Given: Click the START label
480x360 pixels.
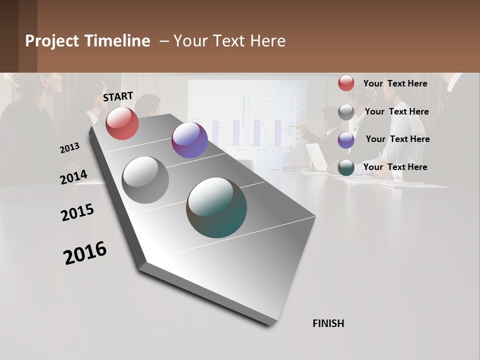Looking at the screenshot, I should coord(118,96).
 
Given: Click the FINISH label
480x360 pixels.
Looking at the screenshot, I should coord(328,323).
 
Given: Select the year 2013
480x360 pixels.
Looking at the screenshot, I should coord(69,148).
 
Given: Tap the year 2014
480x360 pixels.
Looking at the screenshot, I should coord(73,177).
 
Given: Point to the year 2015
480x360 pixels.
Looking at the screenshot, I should coord(77,212).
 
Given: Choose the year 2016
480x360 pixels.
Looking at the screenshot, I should coord(85,252).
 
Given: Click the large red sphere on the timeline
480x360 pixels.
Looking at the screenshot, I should coord(122,123).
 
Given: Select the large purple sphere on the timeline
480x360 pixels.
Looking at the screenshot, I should coord(189,140).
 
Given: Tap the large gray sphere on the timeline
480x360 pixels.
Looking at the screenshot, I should coord(145,180).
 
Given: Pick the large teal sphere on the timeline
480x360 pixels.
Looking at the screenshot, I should coord(216,207).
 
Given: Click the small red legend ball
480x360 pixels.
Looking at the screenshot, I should coord(346,83).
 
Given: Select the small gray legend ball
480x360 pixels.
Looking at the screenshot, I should coord(346,112).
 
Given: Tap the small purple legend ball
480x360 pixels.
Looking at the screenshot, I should coord(346,140).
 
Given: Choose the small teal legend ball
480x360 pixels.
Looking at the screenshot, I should coord(346,167).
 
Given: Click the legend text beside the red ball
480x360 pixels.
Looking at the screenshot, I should coord(395,83).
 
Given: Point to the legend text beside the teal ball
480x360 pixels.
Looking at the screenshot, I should coord(395,167).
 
